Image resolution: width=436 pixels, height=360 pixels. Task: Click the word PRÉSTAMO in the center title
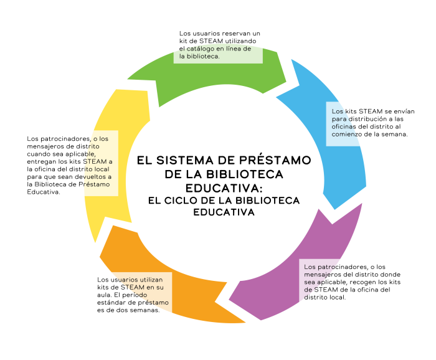point(275,161)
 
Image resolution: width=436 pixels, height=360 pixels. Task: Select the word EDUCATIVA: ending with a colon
point(224,188)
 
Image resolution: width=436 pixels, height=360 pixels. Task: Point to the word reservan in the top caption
point(236,34)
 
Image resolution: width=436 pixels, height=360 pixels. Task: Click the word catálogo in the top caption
point(199,49)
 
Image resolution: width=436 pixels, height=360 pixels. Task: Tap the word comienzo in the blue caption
point(346,135)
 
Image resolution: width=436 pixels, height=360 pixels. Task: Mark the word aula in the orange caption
point(104,295)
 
